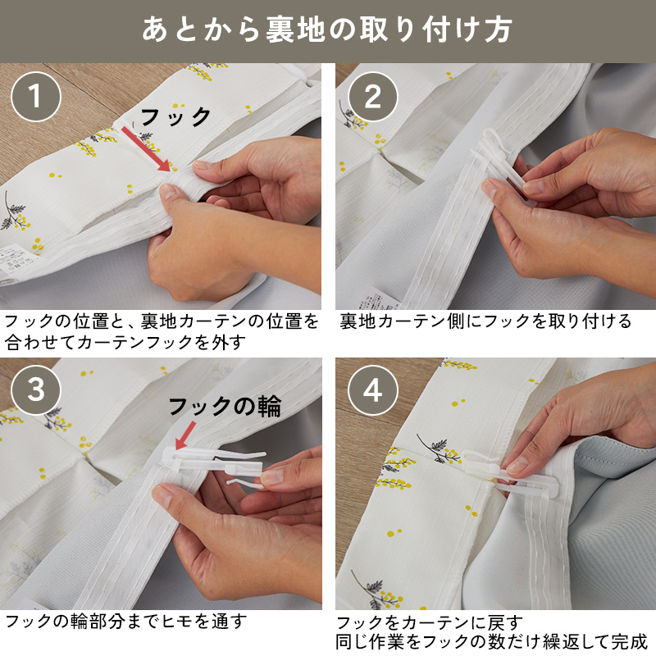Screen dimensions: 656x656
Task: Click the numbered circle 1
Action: pyautogui.click(x=36, y=97)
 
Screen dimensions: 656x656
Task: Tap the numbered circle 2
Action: pyautogui.click(x=373, y=97)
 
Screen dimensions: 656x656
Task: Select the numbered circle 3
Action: pyautogui.click(x=36, y=390)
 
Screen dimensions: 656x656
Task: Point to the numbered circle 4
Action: pyautogui.click(x=373, y=390)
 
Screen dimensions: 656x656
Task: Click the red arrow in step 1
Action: pyautogui.click(x=146, y=149)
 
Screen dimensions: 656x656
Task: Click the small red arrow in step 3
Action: pyautogui.click(x=185, y=435)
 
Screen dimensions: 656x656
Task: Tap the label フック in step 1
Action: pyautogui.click(x=175, y=116)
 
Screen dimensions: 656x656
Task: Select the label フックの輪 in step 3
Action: pyautogui.click(x=225, y=406)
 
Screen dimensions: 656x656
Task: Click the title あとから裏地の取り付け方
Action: pyautogui.click(x=327, y=30)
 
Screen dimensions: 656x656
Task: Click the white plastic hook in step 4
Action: pyautogui.click(x=506, y=473)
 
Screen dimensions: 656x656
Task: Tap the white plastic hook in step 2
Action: pyautogui.click(x=507, y=164)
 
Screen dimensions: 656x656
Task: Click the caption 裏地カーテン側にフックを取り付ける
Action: pyautogui.click(x=485, y=321)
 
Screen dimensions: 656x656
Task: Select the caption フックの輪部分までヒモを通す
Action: pyautogui.click(x=125, y=621)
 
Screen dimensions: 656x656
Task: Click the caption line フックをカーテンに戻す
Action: pyautogui.click(x=430, y=623)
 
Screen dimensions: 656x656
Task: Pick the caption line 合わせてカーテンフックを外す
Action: pyautogui.click(x=125, y=342)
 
